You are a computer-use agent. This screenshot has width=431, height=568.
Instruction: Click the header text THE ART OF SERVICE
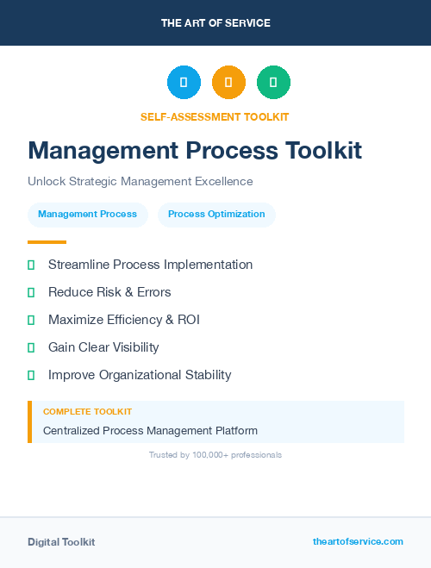(215, 23)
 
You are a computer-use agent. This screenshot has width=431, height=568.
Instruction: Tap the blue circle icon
(184, 83)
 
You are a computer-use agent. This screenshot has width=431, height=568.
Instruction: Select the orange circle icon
(228, 83)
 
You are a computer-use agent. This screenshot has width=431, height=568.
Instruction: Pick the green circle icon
(273, 83)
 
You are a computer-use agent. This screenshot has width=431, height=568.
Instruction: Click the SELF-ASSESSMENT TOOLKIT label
(215, 116)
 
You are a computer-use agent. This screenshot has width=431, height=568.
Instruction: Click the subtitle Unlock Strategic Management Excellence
(141, 182)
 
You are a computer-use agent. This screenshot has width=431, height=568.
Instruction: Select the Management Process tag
(87, 214)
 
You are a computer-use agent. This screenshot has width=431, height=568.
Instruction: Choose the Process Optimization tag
(216, 214)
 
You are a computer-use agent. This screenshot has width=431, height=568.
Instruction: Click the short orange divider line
(47, 242)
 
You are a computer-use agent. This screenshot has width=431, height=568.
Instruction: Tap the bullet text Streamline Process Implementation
(150, 265)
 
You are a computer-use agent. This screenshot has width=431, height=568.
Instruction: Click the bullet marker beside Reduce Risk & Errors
(31, 292)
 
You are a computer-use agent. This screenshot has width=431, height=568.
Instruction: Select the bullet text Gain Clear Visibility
(103, 347)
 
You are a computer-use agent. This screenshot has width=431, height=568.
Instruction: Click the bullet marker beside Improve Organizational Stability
(31, 375)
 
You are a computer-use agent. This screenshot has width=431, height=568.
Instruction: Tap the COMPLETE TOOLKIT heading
(87, 412)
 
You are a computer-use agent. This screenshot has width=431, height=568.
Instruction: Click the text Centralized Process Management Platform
(150, 430)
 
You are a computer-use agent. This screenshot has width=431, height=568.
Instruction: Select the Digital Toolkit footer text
(61, 541)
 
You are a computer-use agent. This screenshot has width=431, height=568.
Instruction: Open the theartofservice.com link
(358, 541)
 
